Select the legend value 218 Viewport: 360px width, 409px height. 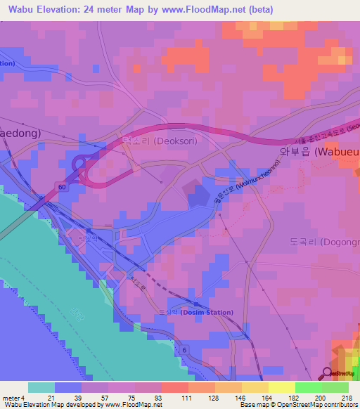pyautogui.click(x=347, y=398)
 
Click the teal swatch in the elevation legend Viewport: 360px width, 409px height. pyautogui.click(x=41, y=387)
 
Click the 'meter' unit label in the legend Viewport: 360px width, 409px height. pyautogui.click(x=11, y=398)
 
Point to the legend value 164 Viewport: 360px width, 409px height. pyautogui.click(x=267, y=398)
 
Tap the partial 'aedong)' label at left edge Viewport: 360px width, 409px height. pyautogui.click(x=20, y=132)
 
